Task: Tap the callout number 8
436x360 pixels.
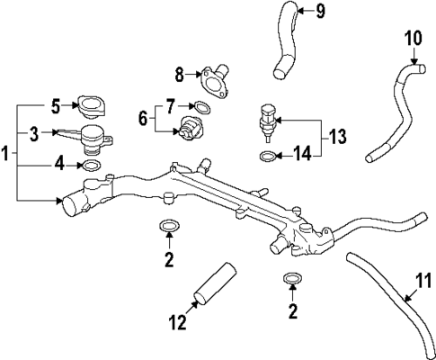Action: (178, 74)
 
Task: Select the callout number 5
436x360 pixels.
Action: (54, 106)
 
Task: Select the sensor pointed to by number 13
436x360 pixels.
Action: (266, 124)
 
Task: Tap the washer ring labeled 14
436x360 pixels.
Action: (266, 157)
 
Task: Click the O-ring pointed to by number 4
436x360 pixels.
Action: (91, 166)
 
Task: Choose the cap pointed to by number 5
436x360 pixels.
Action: (92, 107)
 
